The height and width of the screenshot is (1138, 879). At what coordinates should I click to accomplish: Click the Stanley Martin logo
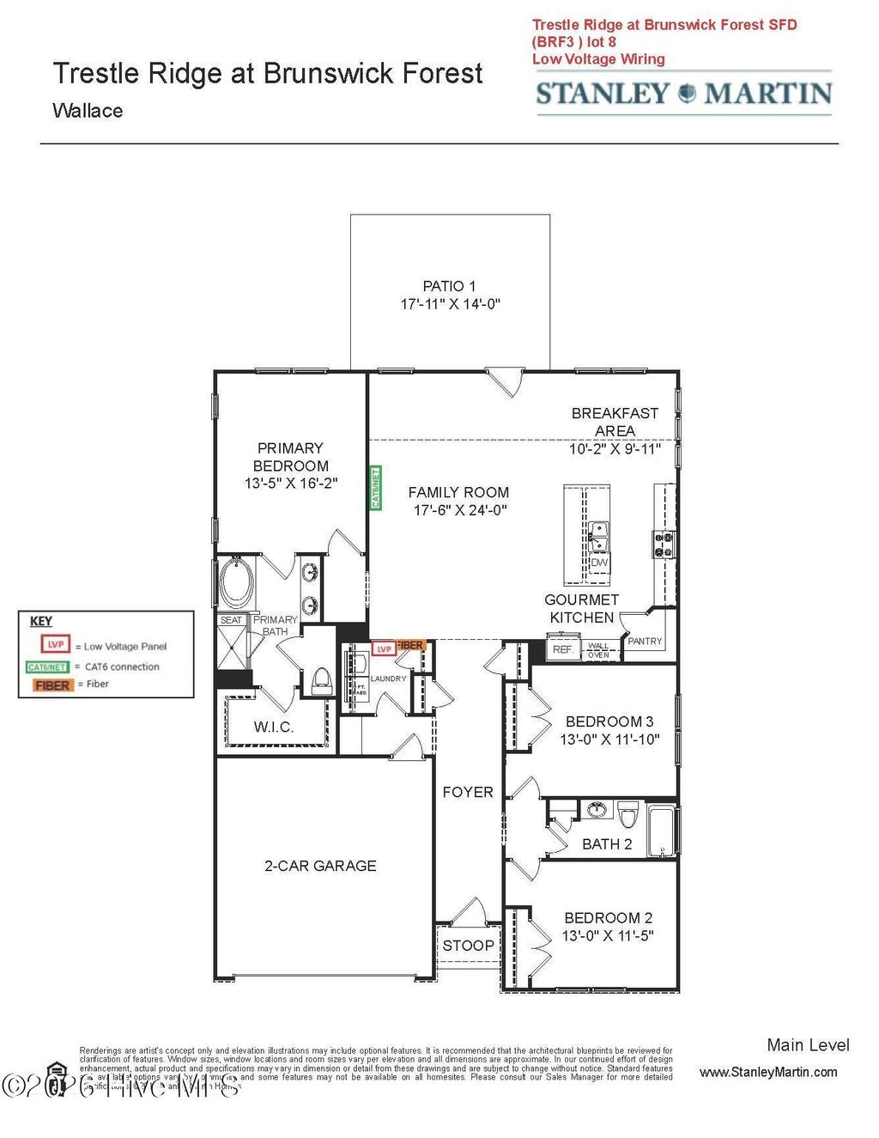[683, 93]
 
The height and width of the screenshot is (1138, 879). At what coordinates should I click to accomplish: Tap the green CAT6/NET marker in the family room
[375, 488]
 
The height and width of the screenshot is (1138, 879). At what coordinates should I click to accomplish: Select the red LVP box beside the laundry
[383, 649]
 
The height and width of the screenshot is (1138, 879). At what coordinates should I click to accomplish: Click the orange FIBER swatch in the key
[52, 685]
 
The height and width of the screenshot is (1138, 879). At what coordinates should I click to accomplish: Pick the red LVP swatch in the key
[55, 644]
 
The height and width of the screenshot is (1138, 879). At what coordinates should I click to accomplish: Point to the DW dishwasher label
[599, 563]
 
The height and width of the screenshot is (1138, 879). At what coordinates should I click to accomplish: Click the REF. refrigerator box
[562, 649]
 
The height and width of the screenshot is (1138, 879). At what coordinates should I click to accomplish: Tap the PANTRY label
[645, 641]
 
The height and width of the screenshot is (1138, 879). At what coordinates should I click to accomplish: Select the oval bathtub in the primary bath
[235, 582]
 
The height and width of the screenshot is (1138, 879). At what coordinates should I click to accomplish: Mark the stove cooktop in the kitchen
[664, 544]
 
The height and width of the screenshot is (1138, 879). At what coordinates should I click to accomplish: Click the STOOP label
[468, 945]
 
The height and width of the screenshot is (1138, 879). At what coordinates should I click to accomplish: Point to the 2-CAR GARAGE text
[320, 866]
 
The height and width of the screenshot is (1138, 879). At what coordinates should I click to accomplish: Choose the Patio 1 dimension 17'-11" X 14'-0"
[450, 304]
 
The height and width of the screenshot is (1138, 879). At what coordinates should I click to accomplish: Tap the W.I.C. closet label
[273, 727]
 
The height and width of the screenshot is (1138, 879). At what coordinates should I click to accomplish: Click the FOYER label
[468, 792]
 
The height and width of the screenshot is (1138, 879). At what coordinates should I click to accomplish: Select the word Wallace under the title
[88, 111]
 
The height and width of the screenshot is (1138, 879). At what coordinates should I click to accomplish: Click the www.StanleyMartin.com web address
[768, 1072]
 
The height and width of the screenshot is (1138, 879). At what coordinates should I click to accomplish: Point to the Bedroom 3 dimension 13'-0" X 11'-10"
[609, 739]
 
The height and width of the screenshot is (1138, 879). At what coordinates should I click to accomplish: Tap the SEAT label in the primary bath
[231, 620]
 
